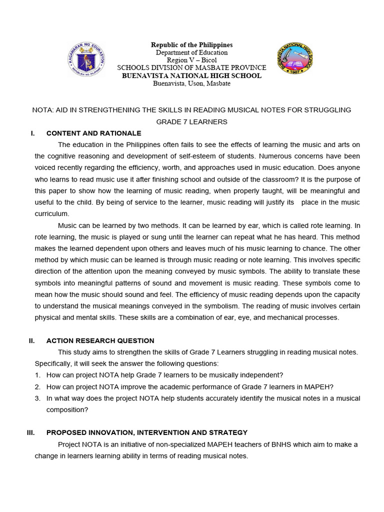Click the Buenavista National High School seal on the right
pos(295,59)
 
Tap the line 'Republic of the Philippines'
pos(191,45)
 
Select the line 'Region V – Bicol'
pos(191,60)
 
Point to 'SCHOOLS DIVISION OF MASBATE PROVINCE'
pos(191,68)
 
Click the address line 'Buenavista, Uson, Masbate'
pos(191,83)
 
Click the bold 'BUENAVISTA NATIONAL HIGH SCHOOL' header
pos(191,75)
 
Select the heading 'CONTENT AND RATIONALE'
pos(93,133)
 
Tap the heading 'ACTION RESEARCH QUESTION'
pos(100,340)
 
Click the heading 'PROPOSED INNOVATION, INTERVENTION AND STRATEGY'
pos(146,432)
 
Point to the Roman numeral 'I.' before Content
pos(32,133)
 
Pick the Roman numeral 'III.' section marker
pos(30,432)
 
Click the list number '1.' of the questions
pos(37,375)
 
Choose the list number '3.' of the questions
pos(37,398)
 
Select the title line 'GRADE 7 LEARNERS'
pos(191,121)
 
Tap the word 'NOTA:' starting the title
pos(42,110)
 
